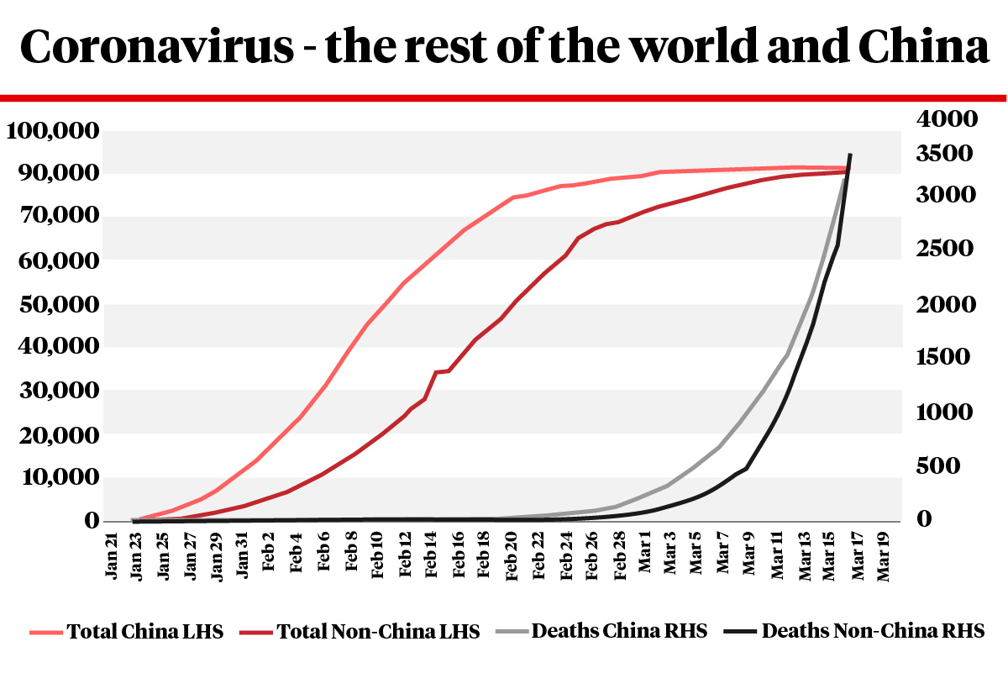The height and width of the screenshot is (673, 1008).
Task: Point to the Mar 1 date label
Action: (x=646, y=556)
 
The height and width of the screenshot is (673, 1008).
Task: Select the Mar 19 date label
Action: (x=884, y=556)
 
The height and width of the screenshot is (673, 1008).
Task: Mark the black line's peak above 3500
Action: (x=850, y=155)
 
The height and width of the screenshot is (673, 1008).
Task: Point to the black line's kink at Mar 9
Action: (x=747, y=467)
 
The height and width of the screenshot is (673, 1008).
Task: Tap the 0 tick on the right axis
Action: (x=925, y=520)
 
